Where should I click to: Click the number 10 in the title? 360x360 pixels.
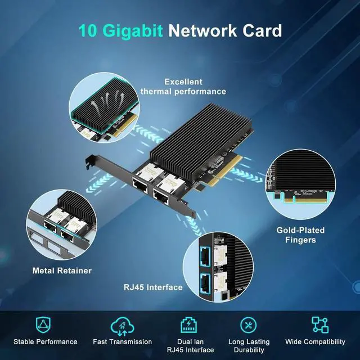pyautogui.click(x=89, y=30)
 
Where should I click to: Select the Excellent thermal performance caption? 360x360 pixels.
pyautogui.click(x=183, y=86)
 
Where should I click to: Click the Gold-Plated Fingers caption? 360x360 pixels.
pyautogui.click(x=300, y=235)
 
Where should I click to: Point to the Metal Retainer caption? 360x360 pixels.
pyautogui.click(x=62, y=271)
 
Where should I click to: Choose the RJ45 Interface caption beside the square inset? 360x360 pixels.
pyautogui.click(x=153, y=287)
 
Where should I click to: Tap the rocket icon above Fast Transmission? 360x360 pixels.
pyautogui.click(x=122, y=325)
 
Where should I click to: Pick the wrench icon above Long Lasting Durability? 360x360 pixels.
pyautogui.click(x=249, y=325)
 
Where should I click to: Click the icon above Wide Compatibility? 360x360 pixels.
pyautogui.click(x=319, y=325)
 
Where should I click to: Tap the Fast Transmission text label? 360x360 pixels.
pyautogui.click(x=122, y=341)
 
